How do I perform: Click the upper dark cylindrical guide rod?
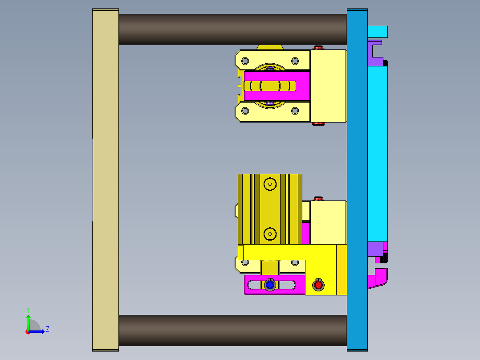(232, 29)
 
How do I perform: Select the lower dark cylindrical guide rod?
(232, 331)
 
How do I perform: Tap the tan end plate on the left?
(106, 178)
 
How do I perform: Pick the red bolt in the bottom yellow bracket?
(318, 284)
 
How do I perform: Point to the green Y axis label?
(28, 309)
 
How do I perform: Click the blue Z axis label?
(47, 329)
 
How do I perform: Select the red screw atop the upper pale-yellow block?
(318, 47)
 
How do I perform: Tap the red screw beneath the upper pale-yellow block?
(317, 124)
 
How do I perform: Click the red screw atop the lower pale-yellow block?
(318, 198)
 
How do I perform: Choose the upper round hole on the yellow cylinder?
(270, 183)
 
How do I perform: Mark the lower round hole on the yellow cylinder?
(270, 233)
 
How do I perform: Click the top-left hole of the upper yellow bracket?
(244, 61)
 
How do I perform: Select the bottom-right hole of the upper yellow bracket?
(295, 111)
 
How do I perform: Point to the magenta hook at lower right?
(378, 278)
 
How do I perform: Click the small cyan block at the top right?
(378, 32)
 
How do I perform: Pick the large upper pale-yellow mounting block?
(328, 86)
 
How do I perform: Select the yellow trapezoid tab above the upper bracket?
(270, 47)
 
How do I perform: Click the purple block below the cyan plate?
(375, 249)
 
